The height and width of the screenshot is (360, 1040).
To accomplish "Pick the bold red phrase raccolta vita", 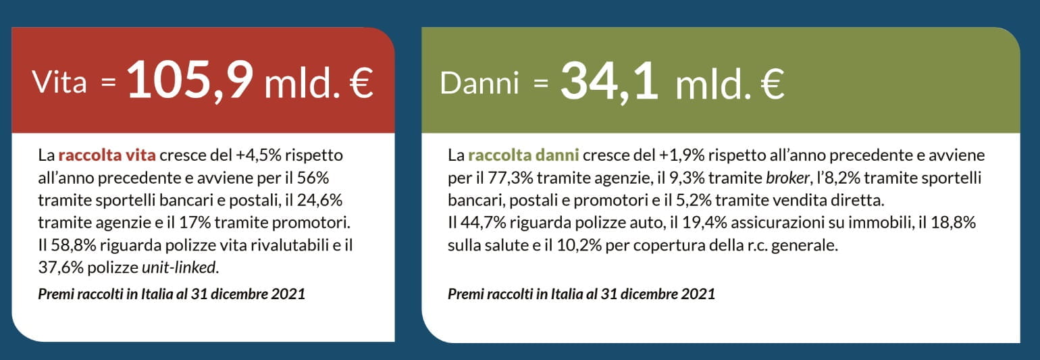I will pos(107,155).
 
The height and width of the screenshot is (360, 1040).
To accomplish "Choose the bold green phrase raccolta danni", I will pos(523,155).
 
